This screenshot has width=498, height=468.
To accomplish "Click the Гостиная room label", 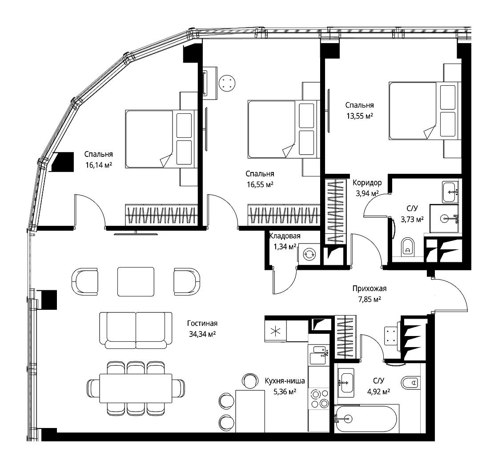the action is pyautogui.click(x=202, y=323).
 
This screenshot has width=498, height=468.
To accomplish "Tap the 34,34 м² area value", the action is pyautogui.click(x=202, y=334).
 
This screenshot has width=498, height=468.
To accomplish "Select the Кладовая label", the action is pyautogui.click(x=285, y=236).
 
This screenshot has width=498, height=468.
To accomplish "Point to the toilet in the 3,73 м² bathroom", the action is pyautogui.click(x=408, y=247).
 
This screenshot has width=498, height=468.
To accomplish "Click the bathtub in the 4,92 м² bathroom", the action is pyautogui.click(x=365, y=419).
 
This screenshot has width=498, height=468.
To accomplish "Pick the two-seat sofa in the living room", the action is pyautogui.click(x=136, y=331).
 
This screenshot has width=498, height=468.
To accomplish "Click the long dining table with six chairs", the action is pyautogui.click(x=136, y=388).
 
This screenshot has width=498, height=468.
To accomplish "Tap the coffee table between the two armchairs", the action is pyautogui.click(x=136, y=282).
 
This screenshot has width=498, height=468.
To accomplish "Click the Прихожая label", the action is pyautogui.click(x=369, y=288).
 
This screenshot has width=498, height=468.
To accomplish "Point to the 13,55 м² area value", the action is pyautogui.click(x=360, y=116).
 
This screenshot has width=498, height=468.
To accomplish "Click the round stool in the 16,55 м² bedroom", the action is pyautogui.click(x=227, y=83).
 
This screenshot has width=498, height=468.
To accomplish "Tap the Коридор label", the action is pyautogui.click(x=367, y=183).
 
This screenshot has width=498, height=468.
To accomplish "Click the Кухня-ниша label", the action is pyautogui.click(x=285, y=381).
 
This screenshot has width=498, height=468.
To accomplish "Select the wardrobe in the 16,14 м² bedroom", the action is pyautogui.click(x=161, y=215).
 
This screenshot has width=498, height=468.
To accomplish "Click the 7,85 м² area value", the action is pyautogui.click(x=369, y=299).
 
